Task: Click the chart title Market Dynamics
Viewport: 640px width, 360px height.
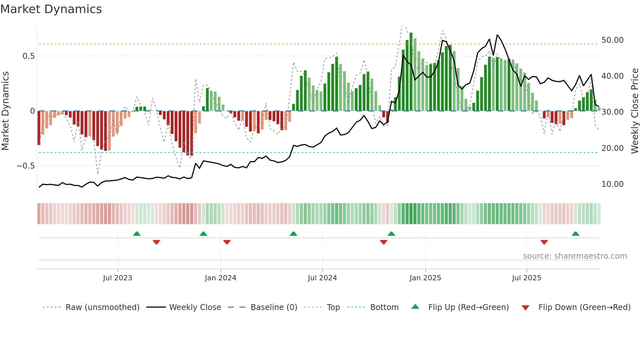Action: coord(51,9)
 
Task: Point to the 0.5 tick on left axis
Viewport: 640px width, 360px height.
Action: coord(28,56)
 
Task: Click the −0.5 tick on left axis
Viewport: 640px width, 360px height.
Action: coord(25,166)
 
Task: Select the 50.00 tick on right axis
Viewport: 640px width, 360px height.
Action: coord(612,40)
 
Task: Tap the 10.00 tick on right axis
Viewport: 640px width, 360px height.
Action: coord(612,184)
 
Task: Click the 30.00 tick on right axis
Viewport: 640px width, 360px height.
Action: coord(612,112)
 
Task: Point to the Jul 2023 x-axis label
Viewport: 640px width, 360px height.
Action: coord(118,278)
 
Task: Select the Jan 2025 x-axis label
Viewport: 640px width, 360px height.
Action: coord(425,278)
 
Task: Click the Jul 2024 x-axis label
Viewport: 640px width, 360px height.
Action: coord(322,278)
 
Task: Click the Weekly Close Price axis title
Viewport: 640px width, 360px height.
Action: coord(634,111)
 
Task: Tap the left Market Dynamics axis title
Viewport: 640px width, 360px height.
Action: coord(5,111)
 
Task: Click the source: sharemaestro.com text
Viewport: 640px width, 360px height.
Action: coord(575,256)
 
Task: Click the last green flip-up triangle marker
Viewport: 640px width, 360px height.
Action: coord(575,234)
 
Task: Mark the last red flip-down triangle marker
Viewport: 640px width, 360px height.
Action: coord(544,242)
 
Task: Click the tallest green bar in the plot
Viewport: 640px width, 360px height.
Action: coord(411,72)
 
